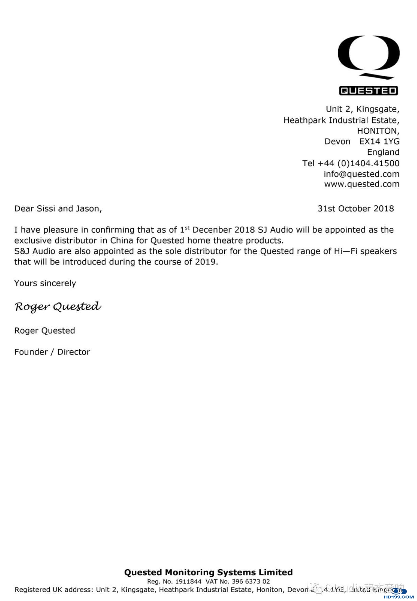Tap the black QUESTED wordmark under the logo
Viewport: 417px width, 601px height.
(368, 91)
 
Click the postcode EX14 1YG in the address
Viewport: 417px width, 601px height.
(379, 142)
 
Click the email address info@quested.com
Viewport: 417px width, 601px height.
(361, 174)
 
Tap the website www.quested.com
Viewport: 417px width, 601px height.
(362, 184)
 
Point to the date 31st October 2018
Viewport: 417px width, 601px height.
(356, 209)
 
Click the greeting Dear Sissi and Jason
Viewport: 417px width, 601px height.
(58, 209)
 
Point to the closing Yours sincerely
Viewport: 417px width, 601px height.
(45, 283)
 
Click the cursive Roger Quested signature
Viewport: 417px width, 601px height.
(58, 307)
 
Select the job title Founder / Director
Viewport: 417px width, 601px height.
(52, 352)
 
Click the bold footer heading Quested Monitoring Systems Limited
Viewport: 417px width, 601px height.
(208, 572)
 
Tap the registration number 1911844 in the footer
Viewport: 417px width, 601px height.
(188, 581)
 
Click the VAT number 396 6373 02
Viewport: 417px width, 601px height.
(251, 581)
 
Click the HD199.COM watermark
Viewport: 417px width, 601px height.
(399, 597)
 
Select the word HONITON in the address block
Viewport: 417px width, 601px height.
(377, 131)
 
